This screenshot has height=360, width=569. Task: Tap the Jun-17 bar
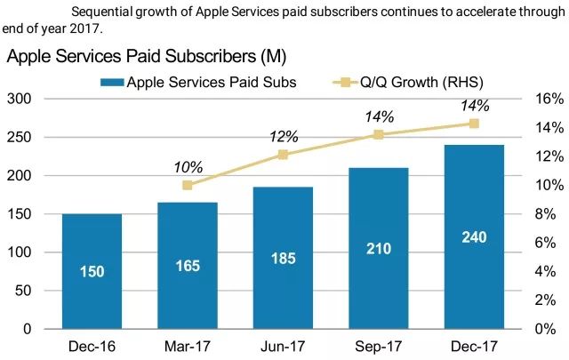tap(283, 258)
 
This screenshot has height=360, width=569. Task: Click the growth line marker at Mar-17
tap(187, 185)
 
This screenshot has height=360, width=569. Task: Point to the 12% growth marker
tap(283, 155)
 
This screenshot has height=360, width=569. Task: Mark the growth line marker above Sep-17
tap(379, 134)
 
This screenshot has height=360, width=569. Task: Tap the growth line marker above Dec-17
tap(474, 124)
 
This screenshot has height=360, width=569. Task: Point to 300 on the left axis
tap(19, 99)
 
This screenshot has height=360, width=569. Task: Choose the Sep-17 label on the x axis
tap(379, 346)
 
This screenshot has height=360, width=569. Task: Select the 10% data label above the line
tap(188, 166)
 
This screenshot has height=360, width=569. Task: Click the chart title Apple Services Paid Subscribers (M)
tap(146, 58)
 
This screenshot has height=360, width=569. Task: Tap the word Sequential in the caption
tap(101, 12)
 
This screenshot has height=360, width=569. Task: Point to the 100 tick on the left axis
tap(19, 252)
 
